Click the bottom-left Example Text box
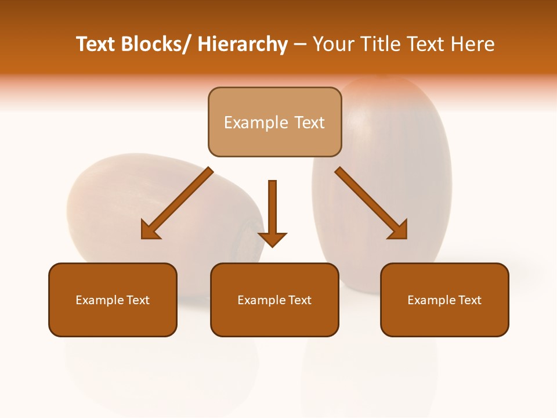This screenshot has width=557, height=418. (x=113, y=300)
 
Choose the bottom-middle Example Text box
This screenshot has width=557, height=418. (x=274, y=300)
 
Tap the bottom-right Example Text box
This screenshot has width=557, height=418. (x=444, y=300)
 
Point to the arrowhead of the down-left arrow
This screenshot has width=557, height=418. (x=150, y=230)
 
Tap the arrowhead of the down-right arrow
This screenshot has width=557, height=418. (x=399, y=230)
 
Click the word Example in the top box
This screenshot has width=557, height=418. (x=247, y=122)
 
